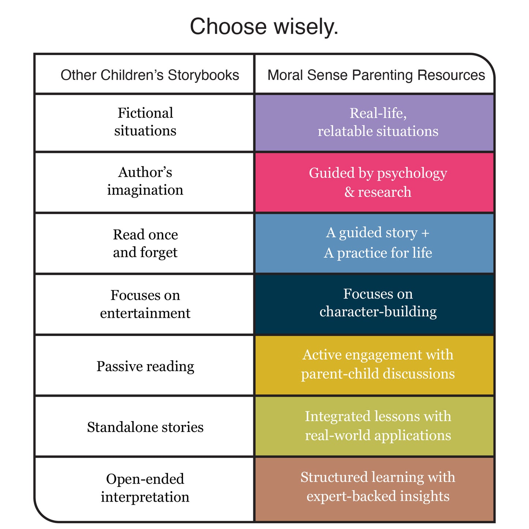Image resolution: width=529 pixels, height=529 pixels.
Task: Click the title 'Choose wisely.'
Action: (264, 27)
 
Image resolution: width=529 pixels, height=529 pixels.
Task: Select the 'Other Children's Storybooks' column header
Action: (149, 75)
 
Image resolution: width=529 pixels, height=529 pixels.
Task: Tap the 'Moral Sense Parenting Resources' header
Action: (376, 75)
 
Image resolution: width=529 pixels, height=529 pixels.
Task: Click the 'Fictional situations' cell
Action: (145, 122)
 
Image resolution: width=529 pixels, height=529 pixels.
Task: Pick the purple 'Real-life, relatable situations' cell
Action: (378, 122)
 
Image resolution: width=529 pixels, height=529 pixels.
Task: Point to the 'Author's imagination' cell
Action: (145, 181)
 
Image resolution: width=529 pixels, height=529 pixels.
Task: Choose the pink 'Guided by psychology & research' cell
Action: (378, 182)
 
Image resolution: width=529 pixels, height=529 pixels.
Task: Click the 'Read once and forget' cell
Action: (145, 243)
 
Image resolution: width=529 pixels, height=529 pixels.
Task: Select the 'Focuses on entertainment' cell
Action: (145, 304)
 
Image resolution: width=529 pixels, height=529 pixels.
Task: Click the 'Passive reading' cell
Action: (145, 366)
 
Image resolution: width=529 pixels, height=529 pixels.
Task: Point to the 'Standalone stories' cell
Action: (145, 427)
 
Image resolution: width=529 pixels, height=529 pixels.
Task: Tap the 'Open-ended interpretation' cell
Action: (145, 488)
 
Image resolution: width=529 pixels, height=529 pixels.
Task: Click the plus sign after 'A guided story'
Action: (425, 233)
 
